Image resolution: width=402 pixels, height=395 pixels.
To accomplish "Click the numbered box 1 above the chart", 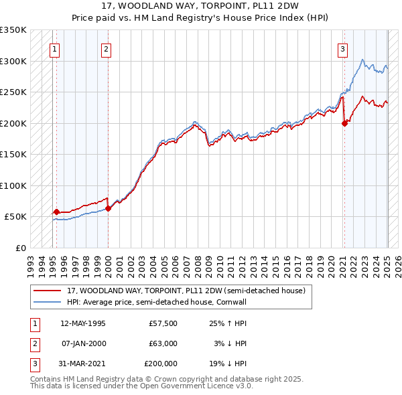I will coord(53,48).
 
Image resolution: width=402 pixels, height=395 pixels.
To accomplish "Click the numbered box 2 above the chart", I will coord(107,48).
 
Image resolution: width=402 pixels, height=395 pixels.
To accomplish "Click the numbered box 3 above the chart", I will coord(342,48).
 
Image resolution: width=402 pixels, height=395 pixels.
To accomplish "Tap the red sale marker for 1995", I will coord(56,212).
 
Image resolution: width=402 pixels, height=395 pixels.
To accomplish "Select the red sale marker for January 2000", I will coord(108,209).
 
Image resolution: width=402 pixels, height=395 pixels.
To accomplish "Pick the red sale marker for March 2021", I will coord(344,123).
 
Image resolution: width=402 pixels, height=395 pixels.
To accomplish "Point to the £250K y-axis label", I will coord(13,92).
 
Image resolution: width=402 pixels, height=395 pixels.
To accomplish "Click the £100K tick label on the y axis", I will coord(13,185).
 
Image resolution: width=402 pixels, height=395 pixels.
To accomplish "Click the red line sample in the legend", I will coord(47,291).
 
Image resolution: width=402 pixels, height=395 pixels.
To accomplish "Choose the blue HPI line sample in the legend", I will coord(47,302).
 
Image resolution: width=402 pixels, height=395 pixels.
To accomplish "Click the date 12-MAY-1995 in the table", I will coord(83,323).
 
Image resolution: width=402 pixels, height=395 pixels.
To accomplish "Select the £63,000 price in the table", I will coord(163,343).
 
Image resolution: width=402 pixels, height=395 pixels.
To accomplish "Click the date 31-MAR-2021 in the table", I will coord(83,364).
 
